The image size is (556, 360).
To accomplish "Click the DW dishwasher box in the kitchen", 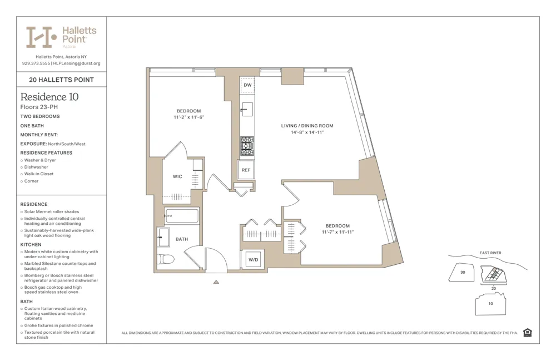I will click(x=247, y=85).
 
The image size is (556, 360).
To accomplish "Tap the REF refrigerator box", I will click(x=246, y=170).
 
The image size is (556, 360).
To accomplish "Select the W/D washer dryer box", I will click(x=252, y=259).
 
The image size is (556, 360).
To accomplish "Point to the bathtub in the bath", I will click(x=181, y=216).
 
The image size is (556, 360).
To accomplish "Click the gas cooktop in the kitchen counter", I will click(x=247, y=146).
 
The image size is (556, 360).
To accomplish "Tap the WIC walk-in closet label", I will click(x=177, y=177).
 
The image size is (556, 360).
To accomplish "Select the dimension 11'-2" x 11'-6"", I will click(x=188, y=117).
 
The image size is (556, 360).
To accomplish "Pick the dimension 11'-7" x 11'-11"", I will click(x=337, y=232).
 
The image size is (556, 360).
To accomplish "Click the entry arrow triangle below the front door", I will click(x=216, y=282).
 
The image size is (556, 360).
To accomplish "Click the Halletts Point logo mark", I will click(x=42, y=37).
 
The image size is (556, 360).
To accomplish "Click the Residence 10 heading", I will click(x=49, y=97).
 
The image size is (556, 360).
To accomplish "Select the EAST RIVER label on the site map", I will click(x=490, y=253).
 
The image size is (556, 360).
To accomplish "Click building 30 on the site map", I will click(x=462, y=273).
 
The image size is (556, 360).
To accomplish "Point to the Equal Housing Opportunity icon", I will click(x=527, y=333).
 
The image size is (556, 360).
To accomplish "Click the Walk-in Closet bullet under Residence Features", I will click(x=39, y=174).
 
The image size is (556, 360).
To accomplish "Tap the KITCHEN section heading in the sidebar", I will click(x=31, y=245).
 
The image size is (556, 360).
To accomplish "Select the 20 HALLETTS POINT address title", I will click(x=61, y=80).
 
